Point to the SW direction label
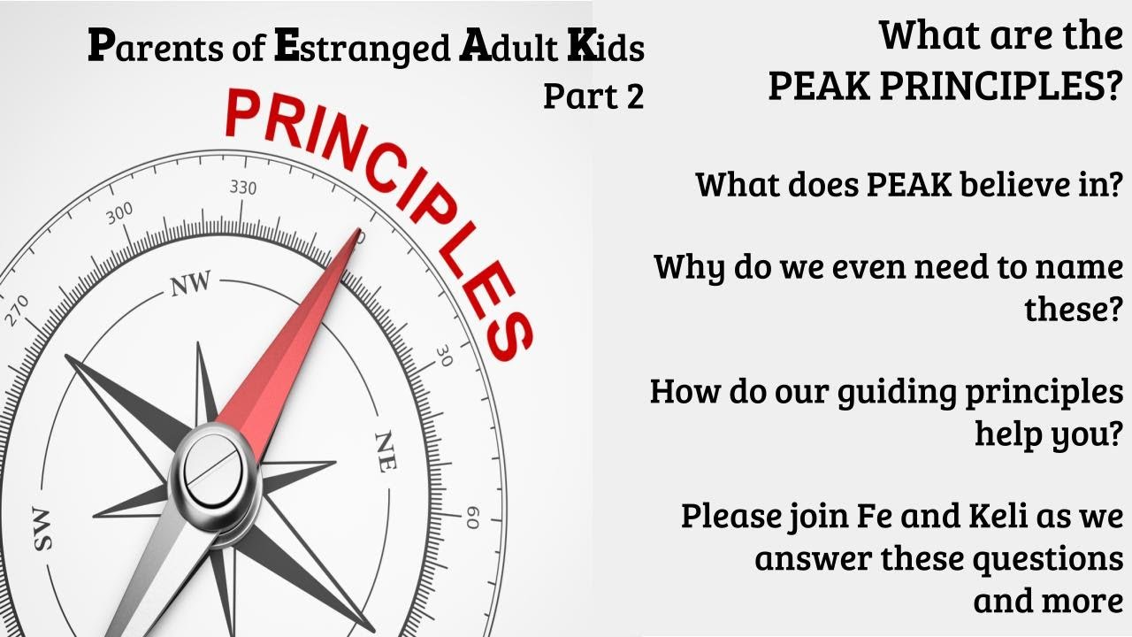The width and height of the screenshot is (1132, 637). (x=42, y=530)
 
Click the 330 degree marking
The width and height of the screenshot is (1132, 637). (x=243, y=188)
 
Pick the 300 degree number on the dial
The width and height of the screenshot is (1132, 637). (x=119, y=216)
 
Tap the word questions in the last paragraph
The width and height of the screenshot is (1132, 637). (x=1047, y=558)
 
